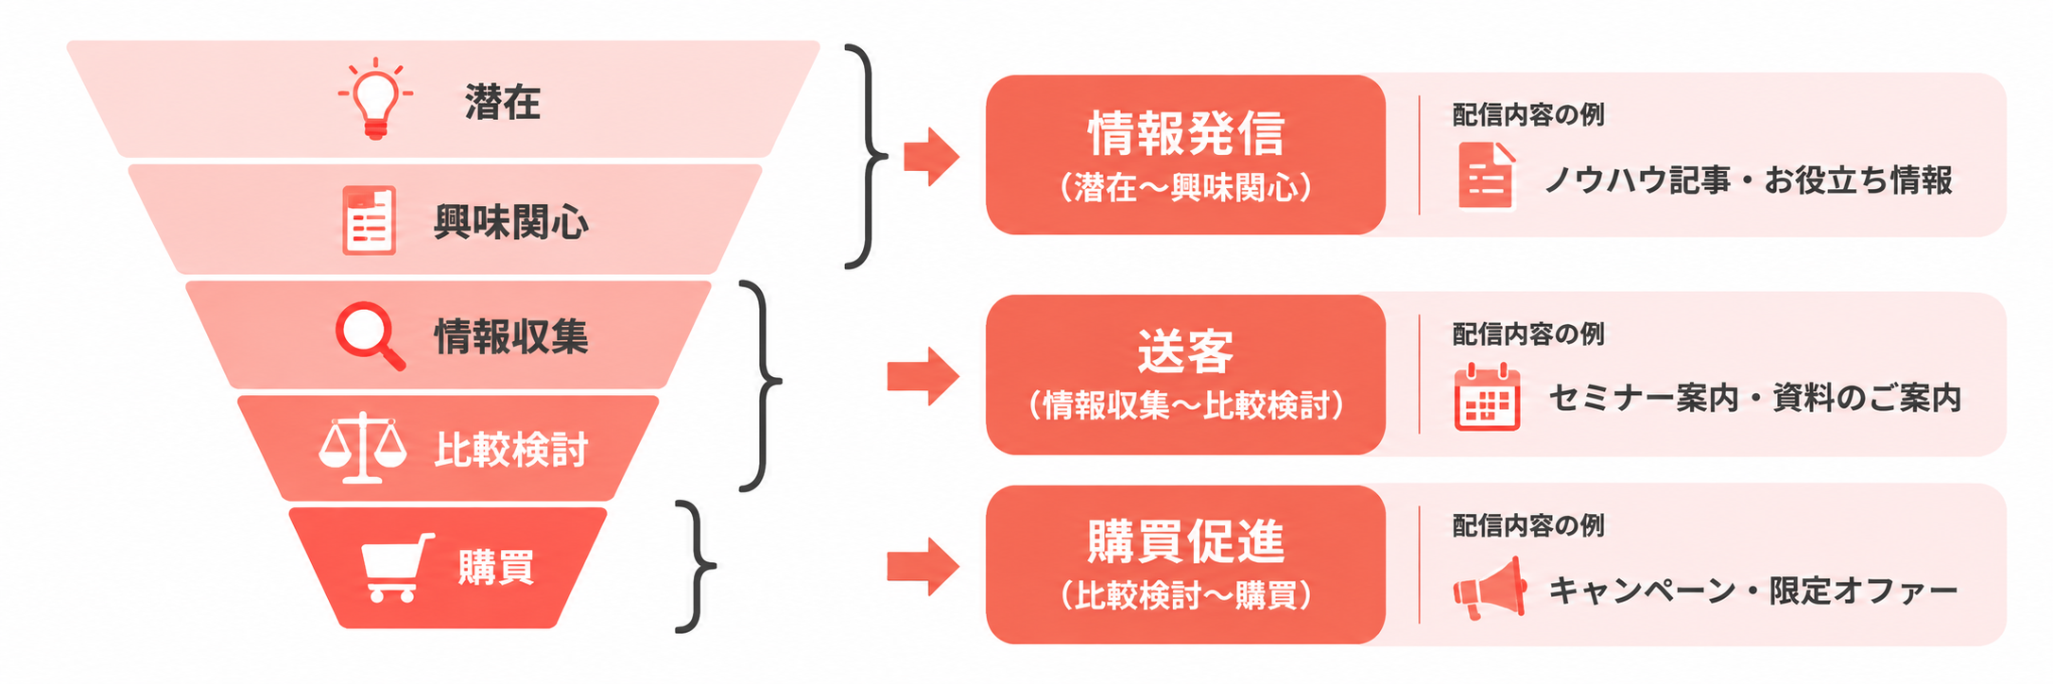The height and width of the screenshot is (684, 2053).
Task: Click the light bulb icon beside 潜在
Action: (x=375, y=98)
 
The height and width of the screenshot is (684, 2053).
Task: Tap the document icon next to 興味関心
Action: (x=369, y=220)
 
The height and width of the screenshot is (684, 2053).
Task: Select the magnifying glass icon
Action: (x=370, y=335)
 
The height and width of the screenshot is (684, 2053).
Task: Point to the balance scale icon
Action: (x=363, y=448)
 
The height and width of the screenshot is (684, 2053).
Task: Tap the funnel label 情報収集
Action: (x=511, y=336)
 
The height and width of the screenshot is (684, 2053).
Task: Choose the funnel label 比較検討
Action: (x=511, y=449)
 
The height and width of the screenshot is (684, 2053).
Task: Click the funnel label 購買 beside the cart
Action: (x=496, y=568)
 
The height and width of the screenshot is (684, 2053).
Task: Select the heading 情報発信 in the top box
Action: (x=1186, y=133)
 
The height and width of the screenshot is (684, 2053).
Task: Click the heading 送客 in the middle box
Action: (x=1185, y=351)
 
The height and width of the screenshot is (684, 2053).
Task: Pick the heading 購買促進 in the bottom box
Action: (x=1186, y=541)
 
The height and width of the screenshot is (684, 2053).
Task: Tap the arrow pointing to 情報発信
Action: (x=931, y=156)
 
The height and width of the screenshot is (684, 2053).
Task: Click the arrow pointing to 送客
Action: (x=923, y=376)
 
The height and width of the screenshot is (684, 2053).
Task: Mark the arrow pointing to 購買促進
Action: (x=923, y=567)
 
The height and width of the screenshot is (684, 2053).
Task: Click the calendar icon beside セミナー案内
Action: (x=1487, y=397)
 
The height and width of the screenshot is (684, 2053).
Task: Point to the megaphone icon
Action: (x=1490, y=588)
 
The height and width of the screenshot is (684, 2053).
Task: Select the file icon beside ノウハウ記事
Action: (x=1487, y=176)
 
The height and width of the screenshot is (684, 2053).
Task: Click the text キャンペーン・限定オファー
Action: (x=1753, y=590)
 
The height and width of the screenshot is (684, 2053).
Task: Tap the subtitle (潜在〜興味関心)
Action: (x=1186, y=187)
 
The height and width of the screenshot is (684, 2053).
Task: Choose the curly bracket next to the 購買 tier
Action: (x=698, y=567)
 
